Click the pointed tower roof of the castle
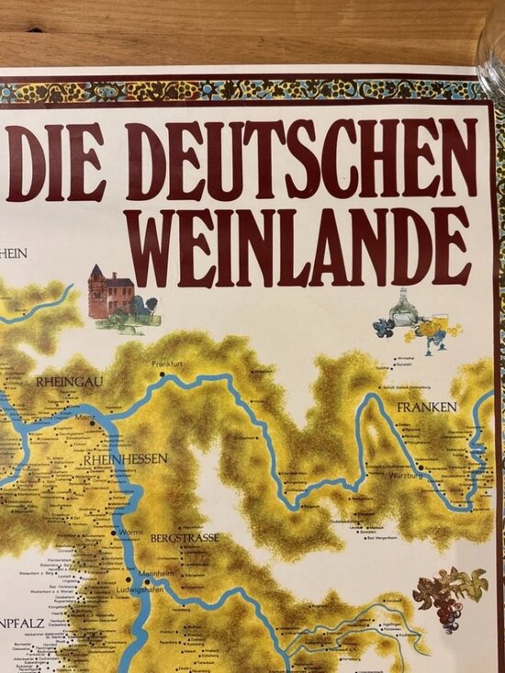tap(96, 271)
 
